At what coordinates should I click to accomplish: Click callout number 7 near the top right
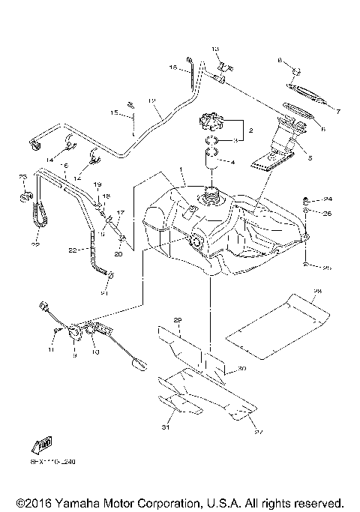click(337, 112)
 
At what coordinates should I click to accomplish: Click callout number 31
click(166, 428)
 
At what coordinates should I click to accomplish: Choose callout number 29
click(178, 321)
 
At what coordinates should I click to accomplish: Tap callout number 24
click(328, 199)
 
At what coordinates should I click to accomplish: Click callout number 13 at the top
click(213, 49)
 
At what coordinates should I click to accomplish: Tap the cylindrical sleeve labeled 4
click(211, 159)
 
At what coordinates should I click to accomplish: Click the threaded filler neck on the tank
click(210, 199)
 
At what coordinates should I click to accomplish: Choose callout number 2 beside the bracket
click(251, 130)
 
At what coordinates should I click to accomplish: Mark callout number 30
click(241, 369)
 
